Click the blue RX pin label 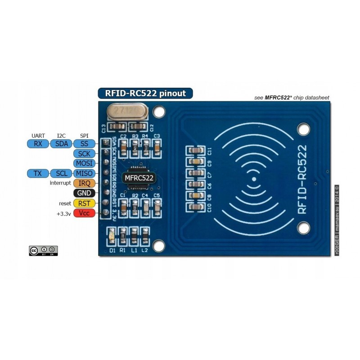click(x=38, y=144)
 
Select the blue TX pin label click(x=38, y=173)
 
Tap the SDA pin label click(x=61, y=144)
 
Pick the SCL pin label click(x=61, y=173)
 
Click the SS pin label click(x=84, y=144)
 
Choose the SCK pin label click(x=84, y=154)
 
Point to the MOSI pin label click(x=84, y=163)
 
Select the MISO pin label click(x=84, y=173)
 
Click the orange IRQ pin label click(x=84, y=183)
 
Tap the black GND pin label click(x=84, y=193)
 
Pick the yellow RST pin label click(x=84, y=203)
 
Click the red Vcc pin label click(x=84, y=213)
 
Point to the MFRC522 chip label click(x=139, y=178)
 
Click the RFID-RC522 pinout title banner click(x=145, y=94)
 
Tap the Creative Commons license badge click(x=43, y=251)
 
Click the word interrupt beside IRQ click(x=60, y=183)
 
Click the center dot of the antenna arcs click(x=254, y=179)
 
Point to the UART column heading click(x=38, y=135)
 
